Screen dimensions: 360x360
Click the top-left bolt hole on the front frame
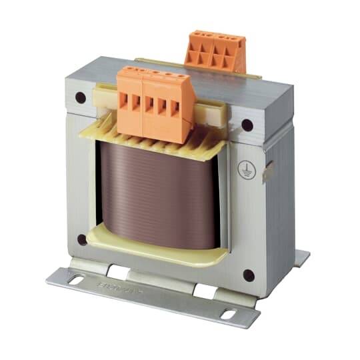click(81, 98)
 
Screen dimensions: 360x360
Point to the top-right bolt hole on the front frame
click(247, 125)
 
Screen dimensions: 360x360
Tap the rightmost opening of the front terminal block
click(176, 111)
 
